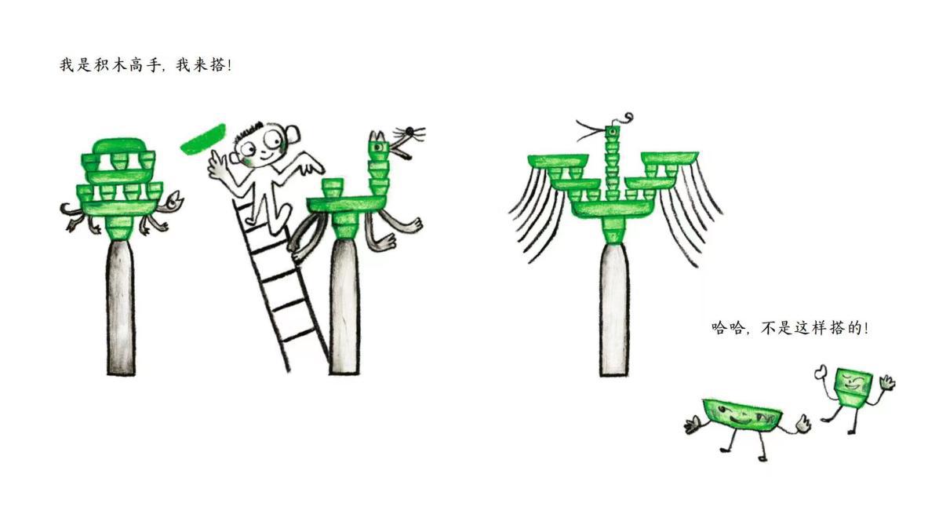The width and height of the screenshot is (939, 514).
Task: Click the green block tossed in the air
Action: pyautogui.click(x=204, y=139)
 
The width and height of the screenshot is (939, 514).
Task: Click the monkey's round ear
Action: pyautogui.click(x=292, y=136)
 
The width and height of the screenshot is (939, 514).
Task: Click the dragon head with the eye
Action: pyautogui.click(x=378, y=146)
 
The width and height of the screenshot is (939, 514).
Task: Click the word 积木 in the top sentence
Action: pyautogui.click(x=111, y=64)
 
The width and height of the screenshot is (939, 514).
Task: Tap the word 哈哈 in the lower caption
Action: pyautogui.click(x=728, y=328)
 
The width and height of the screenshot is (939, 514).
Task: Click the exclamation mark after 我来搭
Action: pyautogui.click(x=228, y=64)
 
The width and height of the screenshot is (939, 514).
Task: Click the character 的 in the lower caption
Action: pyautogui.click(x=854, y=328)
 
